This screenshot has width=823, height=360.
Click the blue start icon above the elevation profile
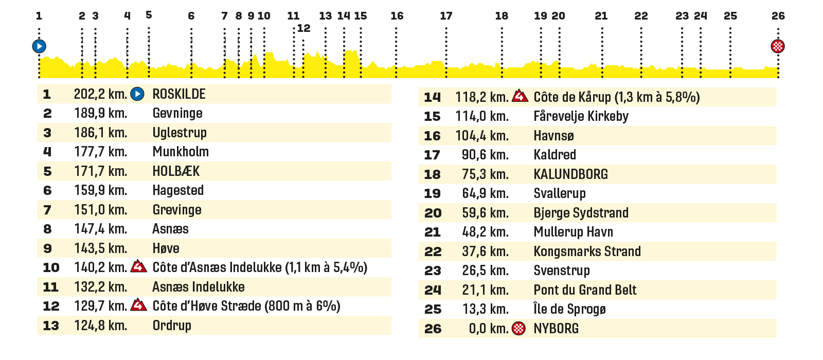(x=39, y=46)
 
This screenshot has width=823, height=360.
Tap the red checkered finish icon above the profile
(x=778, y=46)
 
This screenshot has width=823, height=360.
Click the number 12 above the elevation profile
(x=303, y=28)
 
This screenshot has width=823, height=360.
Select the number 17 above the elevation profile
(x=446, y=16)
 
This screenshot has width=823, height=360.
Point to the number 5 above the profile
(x=149, y=15)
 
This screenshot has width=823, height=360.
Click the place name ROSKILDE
(x=179, y=94)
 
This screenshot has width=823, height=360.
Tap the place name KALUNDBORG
(x=570, y=174)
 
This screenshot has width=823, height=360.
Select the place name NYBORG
(x=556, y=329)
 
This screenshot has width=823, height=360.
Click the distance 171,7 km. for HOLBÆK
(x=101, y=171)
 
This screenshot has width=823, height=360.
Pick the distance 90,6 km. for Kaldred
(x=485, y=155)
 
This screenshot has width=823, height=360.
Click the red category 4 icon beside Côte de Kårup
(x=520, y=96)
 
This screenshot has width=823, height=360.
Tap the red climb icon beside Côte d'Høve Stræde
(x=138, y=304)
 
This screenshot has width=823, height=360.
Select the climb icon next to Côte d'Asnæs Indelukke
(x=138, y=266)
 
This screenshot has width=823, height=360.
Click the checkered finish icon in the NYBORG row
(x=519, y=329)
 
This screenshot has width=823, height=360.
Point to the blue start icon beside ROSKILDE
(x=137, y=94)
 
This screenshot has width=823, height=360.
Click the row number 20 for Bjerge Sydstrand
(x=433, y=213)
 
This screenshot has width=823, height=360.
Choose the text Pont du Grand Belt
(x=585, y=290)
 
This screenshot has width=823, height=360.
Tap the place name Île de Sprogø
(x=569, y=309)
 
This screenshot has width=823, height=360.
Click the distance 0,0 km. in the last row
(x=489, y=329)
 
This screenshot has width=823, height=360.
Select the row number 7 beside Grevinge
(x=47, y=210)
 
